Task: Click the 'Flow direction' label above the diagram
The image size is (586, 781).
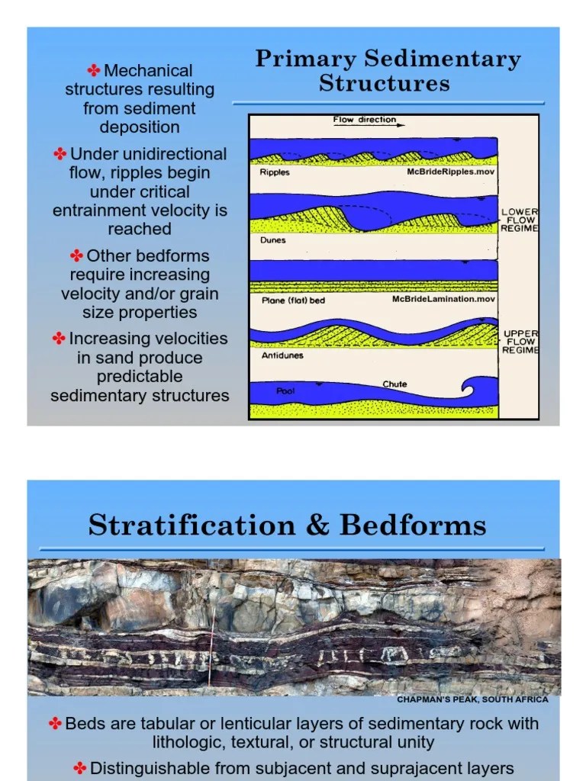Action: [x=364, y=120]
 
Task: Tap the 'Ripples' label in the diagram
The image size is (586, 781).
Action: [x=274, y=172]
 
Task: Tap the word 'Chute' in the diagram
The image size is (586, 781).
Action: [x=394, y=384]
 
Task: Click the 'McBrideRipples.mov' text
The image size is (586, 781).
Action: [x=451, y=172]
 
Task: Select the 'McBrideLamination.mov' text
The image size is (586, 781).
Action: [x=443, y=300]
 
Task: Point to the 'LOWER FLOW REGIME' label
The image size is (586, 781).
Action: [x=520, y=220]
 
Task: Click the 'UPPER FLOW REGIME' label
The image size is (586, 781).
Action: [x=520, y=342]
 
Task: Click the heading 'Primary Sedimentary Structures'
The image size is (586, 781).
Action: [x=388, y=70]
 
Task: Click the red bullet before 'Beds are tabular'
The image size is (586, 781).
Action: [x=56, y=723]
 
